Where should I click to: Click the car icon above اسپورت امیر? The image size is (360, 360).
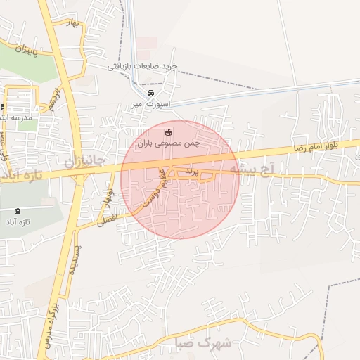pyautogui.click(x=150, y=94)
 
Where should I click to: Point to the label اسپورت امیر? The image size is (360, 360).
pyautogui.click(x=147, y=105)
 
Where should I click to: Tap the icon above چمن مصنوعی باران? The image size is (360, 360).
pyautogui.click(x=168, y=131)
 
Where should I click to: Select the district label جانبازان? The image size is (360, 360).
pyautogui.click(x=84, y=161)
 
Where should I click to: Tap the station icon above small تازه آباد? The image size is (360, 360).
pyautogui.click(x=18, y=211)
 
